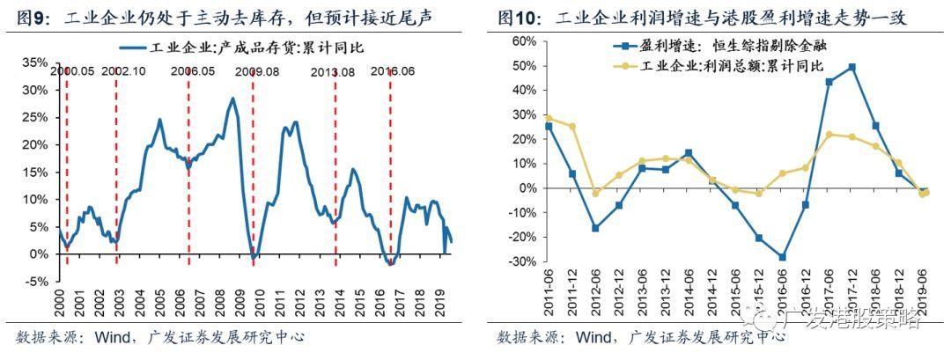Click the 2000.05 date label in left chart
(72, 71)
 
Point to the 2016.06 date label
(392, 71)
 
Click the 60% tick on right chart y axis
(526, 41)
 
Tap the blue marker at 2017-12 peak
(851, 67)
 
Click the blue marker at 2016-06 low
(782, 257)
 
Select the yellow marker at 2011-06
(549, 118)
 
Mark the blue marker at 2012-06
(595, 228)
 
